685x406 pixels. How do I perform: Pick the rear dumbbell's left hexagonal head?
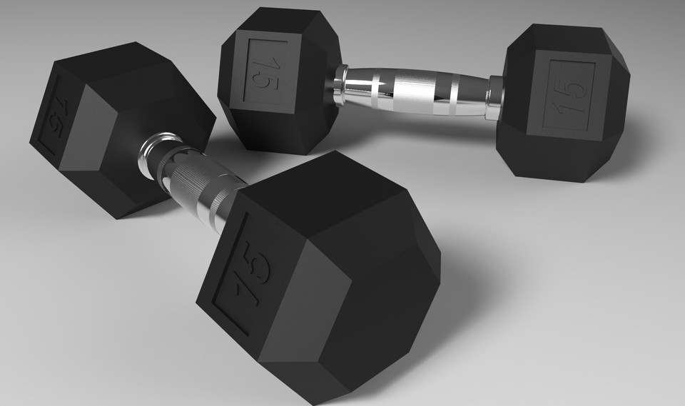278,78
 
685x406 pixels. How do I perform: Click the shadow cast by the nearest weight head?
457,300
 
